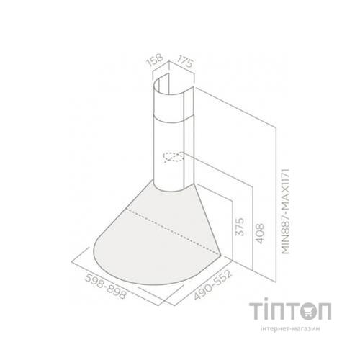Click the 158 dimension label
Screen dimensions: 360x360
click(x=153, y=58)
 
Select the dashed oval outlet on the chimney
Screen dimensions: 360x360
click(x=174, y=157)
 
